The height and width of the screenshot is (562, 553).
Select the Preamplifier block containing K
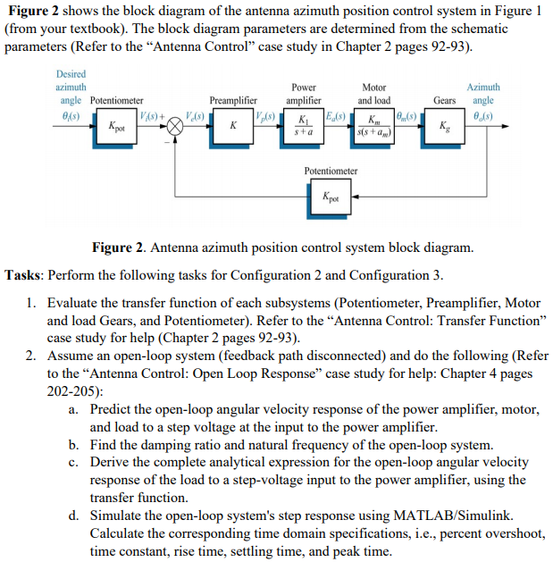[232, 126]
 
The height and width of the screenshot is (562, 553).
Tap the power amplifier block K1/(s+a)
[306, 126]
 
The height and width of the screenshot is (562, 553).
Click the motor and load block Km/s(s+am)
[373, 126]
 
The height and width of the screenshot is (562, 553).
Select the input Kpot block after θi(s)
[116, 127]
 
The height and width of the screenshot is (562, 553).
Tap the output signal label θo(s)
[483, 116]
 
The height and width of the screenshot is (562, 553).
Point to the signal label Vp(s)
[264, 117]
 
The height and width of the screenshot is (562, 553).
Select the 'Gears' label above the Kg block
[445, 101]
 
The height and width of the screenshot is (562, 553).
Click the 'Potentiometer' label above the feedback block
[331, 170]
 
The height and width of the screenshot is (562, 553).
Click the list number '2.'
[31, 356]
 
